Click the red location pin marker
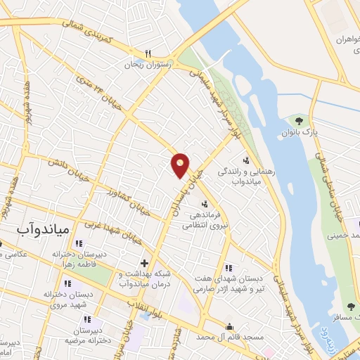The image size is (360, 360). click(180, 165)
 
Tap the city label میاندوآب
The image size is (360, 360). click(41, 229)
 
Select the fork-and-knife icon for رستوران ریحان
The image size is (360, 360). click(148, 53)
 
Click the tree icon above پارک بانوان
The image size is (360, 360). click(306, 120)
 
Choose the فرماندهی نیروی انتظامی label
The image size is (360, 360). click(204, 221)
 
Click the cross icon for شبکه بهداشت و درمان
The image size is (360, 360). click(144, 262)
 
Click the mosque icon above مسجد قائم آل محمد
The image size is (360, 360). click(229, 326)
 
